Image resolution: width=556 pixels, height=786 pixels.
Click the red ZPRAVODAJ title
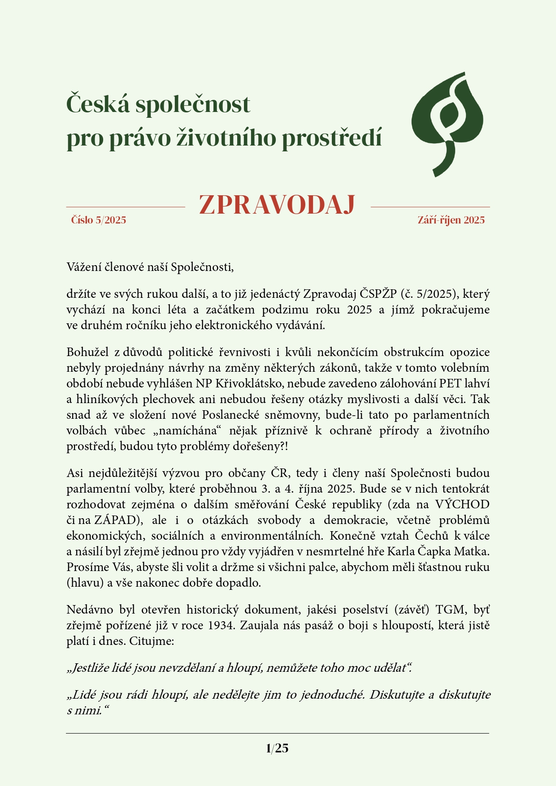click(x=277, y=205)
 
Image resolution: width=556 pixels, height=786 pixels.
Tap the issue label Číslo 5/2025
click(x=99, y=220)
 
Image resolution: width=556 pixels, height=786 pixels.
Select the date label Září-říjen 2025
click(x=451, y=220)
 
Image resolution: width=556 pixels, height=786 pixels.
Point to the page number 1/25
click(x=277, y=748)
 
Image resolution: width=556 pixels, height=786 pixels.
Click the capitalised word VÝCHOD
click(x=462, y=504)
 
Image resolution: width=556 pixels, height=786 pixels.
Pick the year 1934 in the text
click(x=221, y=625)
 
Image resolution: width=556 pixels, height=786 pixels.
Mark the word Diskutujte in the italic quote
click(x=396, y=695)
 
